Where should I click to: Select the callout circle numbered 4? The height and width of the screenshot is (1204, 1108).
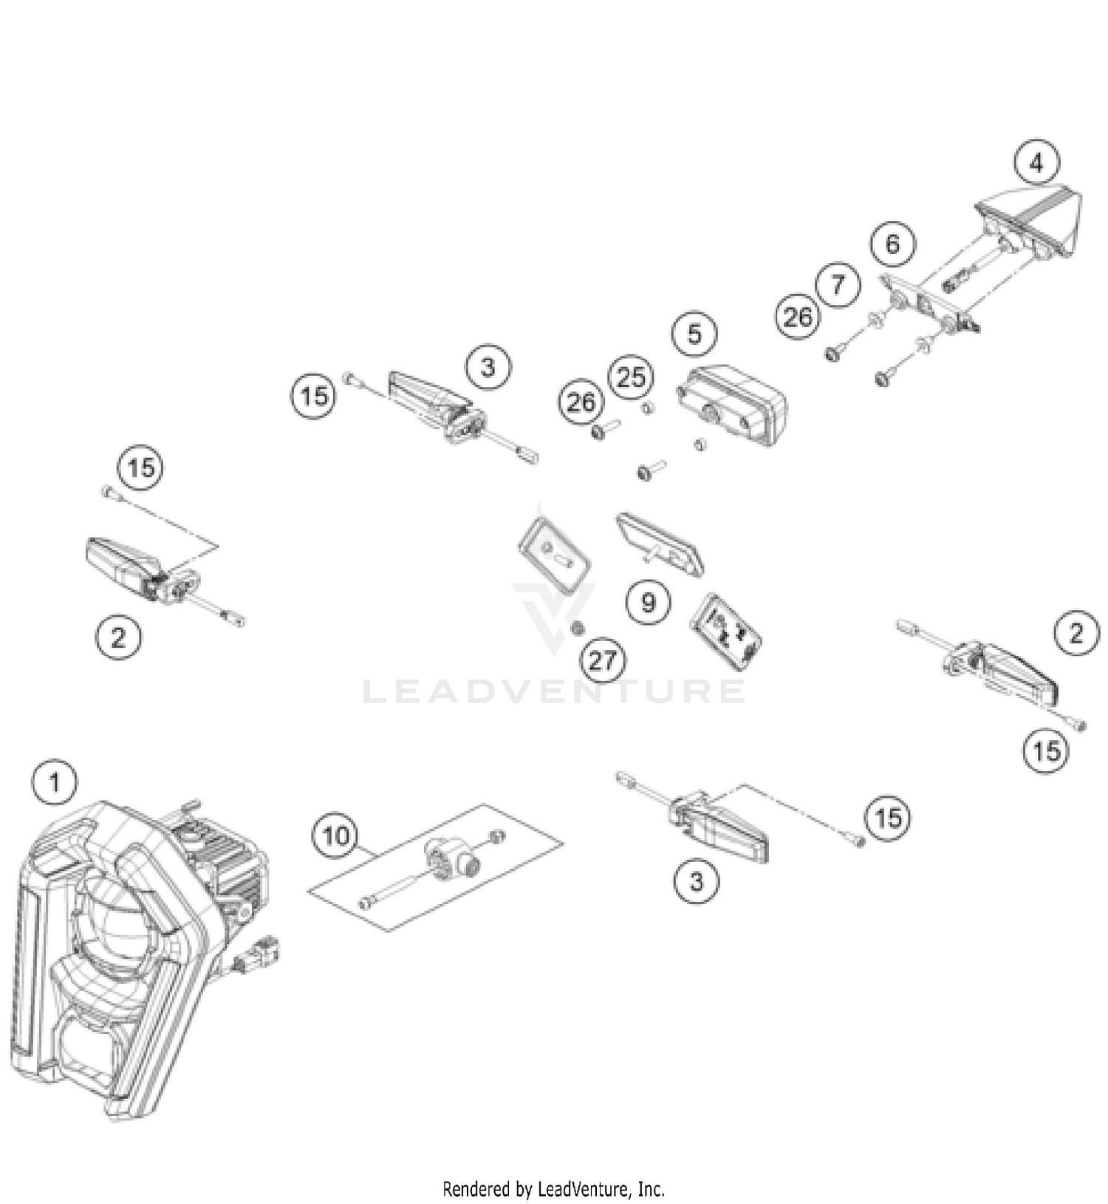1036,163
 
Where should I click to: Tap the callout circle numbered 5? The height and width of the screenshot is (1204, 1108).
694,334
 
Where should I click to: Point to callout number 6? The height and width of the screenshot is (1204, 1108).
892,244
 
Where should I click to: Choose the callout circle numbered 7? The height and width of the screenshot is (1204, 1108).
838,284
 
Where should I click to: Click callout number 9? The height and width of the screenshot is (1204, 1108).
648,602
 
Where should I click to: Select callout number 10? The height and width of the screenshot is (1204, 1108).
335,836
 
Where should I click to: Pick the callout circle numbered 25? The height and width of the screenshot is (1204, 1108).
631,377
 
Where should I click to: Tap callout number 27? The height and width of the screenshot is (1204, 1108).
603,660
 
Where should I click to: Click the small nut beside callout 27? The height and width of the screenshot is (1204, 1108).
578,628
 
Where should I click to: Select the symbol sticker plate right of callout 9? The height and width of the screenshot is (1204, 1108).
726,632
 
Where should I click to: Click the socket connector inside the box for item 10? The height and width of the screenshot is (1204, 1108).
453,861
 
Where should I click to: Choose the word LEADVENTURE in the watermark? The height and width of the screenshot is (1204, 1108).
554,691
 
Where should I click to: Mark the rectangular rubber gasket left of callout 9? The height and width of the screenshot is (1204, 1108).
554,557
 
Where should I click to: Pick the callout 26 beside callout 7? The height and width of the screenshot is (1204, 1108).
798,317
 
